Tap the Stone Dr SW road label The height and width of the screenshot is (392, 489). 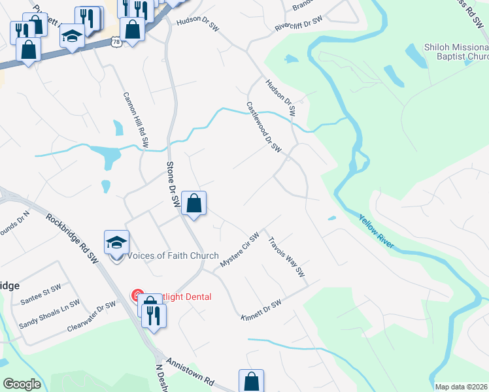(173, 185)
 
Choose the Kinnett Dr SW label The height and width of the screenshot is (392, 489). (261, 307)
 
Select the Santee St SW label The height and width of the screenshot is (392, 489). (41, 291)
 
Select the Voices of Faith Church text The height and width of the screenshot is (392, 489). (173, 255)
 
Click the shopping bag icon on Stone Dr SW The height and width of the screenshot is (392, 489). (194, 203)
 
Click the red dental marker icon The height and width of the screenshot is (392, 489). (139, 297)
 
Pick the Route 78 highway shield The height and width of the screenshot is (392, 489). (116, 42)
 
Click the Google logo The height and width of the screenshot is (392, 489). (22, 384)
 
